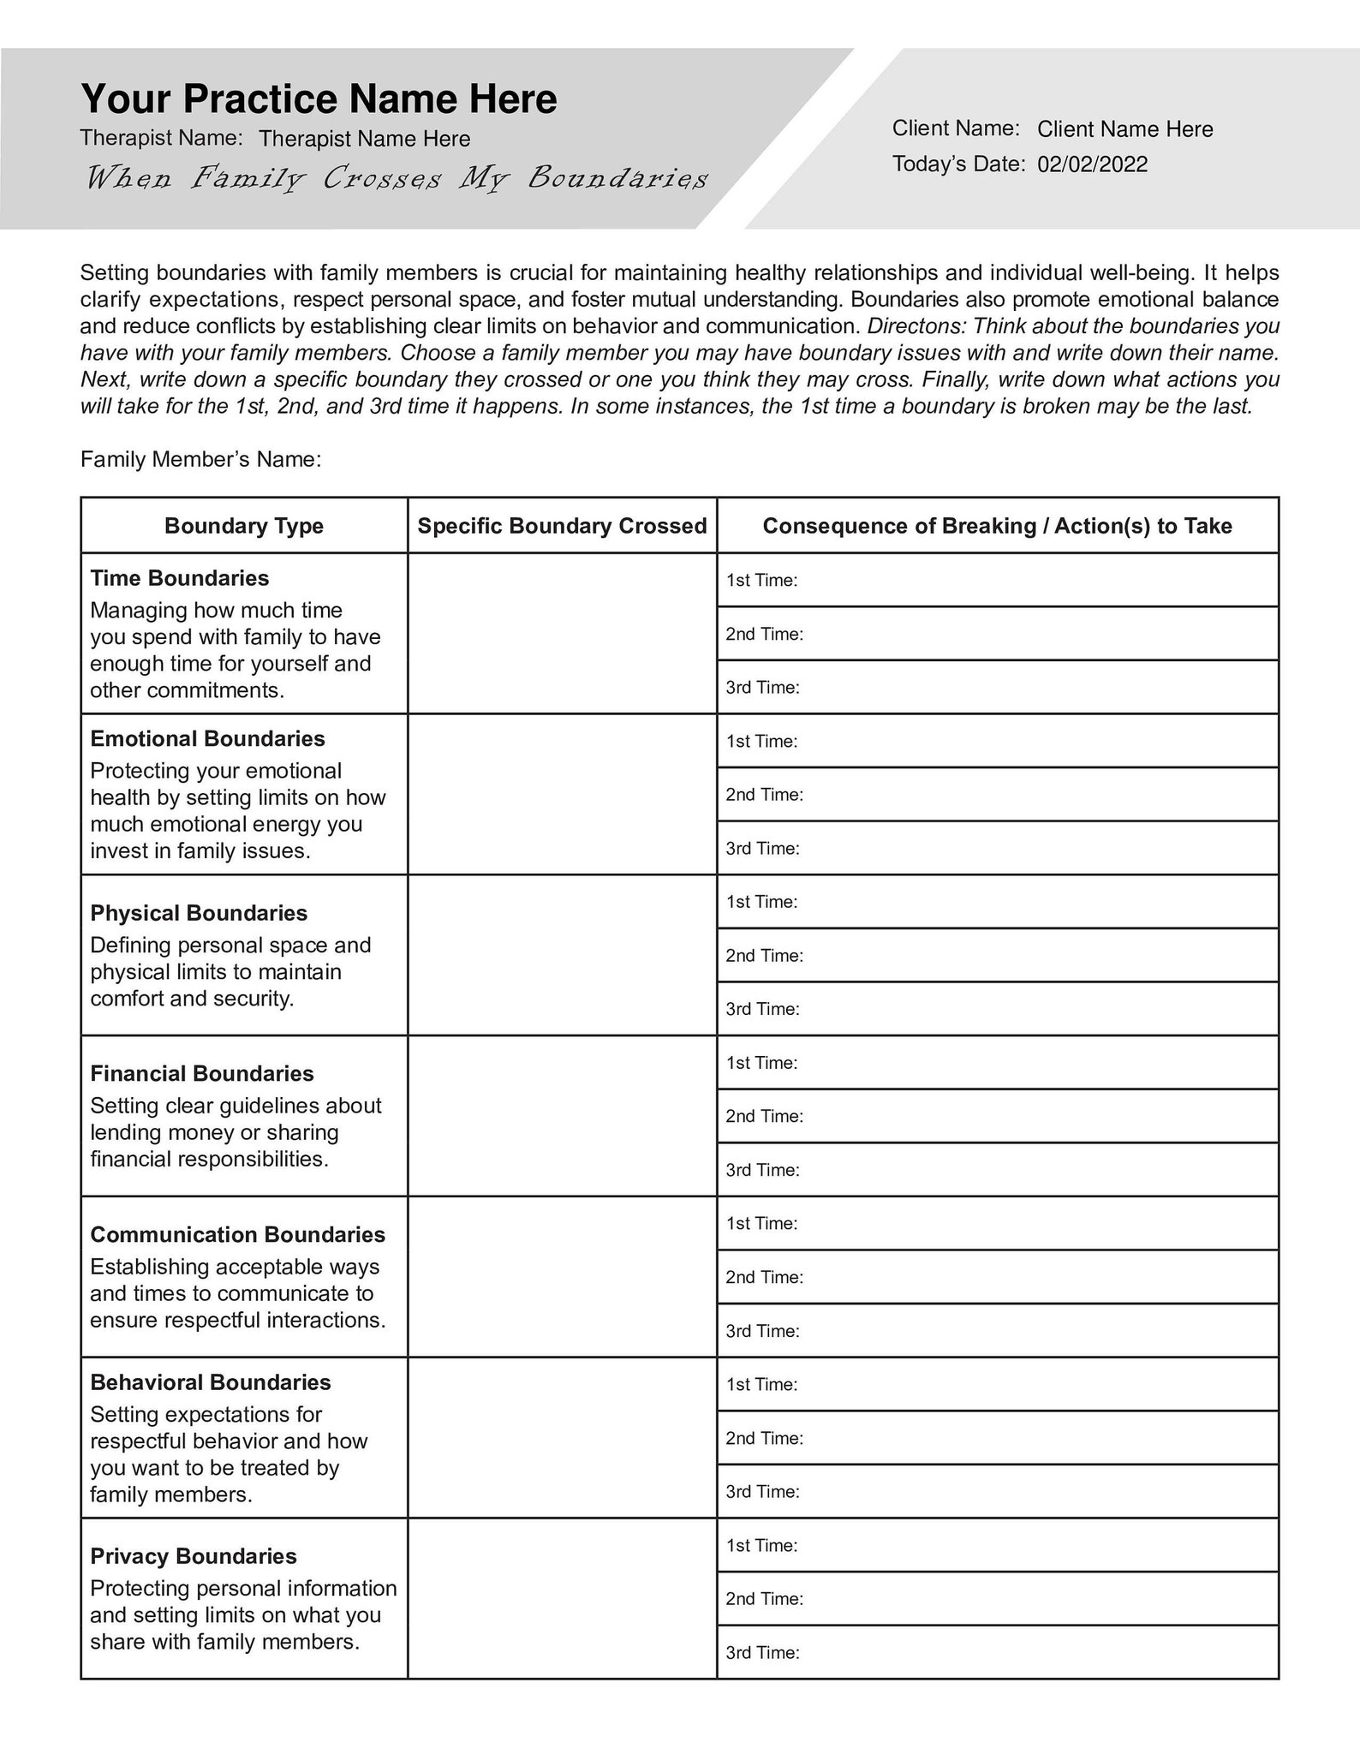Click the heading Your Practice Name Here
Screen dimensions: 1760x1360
click(x=319, y=99)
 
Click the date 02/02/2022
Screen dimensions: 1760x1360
click(x=1092, y=164)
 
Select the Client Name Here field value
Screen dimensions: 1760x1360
click(x=1124, y=129)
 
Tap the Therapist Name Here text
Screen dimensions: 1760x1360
click(x=364, y=139)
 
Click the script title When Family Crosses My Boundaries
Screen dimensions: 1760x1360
click(x=397, y=178)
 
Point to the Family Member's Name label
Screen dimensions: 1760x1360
click(x=200, y=460)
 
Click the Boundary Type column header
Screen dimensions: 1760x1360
click(x=244, y=526)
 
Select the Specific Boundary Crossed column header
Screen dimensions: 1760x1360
click(x=562, y=526)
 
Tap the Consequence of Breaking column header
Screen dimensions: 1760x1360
click(x=997, y=526)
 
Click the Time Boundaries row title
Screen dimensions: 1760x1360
click(x=180, y=578)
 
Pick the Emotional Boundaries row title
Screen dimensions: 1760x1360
click(x=207, y=738)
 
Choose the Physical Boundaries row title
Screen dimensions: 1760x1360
click(x=199, y=913)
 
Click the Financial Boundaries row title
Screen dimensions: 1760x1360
click(x=202, y=1073)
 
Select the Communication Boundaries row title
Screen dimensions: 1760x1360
click(x=237, y=1234)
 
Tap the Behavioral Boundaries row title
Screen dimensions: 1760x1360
click(x=211, y=1382)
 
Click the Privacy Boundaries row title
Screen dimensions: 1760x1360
click(x=194, y=1556)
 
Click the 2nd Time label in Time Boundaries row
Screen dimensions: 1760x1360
click(x=764, y=634)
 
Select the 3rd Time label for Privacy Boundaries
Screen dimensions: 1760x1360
click(x=762, y=1653)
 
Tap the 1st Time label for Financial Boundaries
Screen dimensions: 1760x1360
click(x=761, y=1063)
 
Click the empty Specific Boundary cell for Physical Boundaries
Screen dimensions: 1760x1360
click(x=562, y=955)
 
